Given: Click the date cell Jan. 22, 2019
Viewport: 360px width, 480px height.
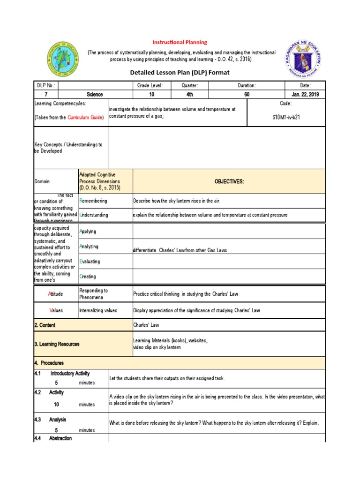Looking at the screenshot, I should point(305,94).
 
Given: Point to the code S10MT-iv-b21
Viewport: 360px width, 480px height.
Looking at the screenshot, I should point(285,117).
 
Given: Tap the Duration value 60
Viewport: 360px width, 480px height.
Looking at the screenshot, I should point(247,94).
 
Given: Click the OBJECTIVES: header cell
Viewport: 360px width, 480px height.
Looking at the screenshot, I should point(229,181).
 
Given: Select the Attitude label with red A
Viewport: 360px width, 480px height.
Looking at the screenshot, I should point(55,294).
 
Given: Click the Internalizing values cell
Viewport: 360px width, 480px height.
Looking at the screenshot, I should point(98,310).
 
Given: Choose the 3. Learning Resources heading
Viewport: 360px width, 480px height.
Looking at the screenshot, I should point(57,344).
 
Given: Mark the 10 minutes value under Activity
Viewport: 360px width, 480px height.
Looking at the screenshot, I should point(57,404).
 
